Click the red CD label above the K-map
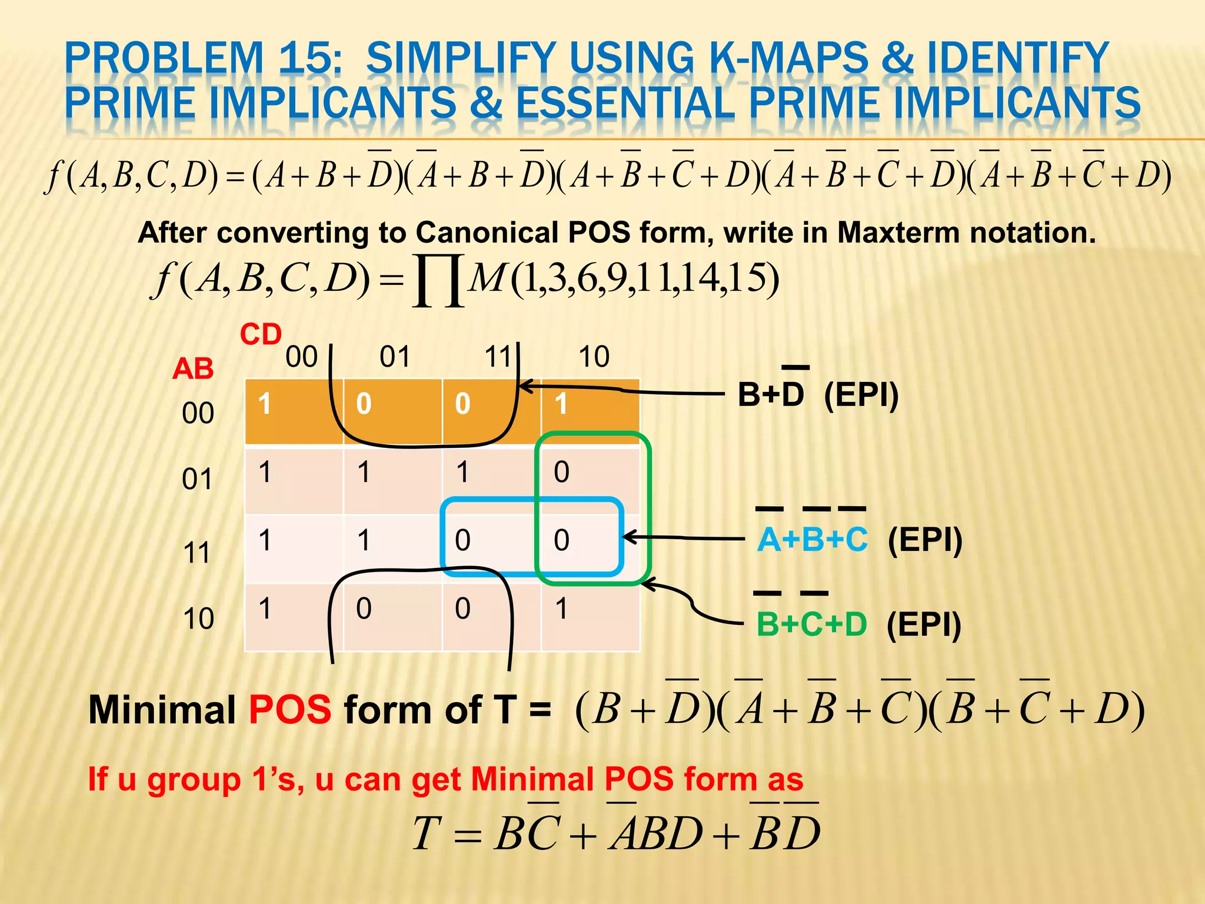click(x=261, y=335)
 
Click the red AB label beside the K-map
click(x=193, y=370)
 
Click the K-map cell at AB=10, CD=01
click(x=392, y=617)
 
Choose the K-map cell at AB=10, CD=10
click(x=590, y=617)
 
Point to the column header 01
click(x=394, y=357)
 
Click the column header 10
click(x=594, y=357)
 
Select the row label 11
click(x=197, y=553)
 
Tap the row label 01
click(x=197, y=480)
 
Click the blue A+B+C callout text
click(x=812, y=540)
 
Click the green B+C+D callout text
click(x=811, y=624)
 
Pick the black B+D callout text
click(x=771, y=394)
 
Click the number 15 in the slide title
click(x=308, y=59)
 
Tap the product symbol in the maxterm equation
click(x=438, y=281)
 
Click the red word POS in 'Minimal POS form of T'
click(x=290, y=710)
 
